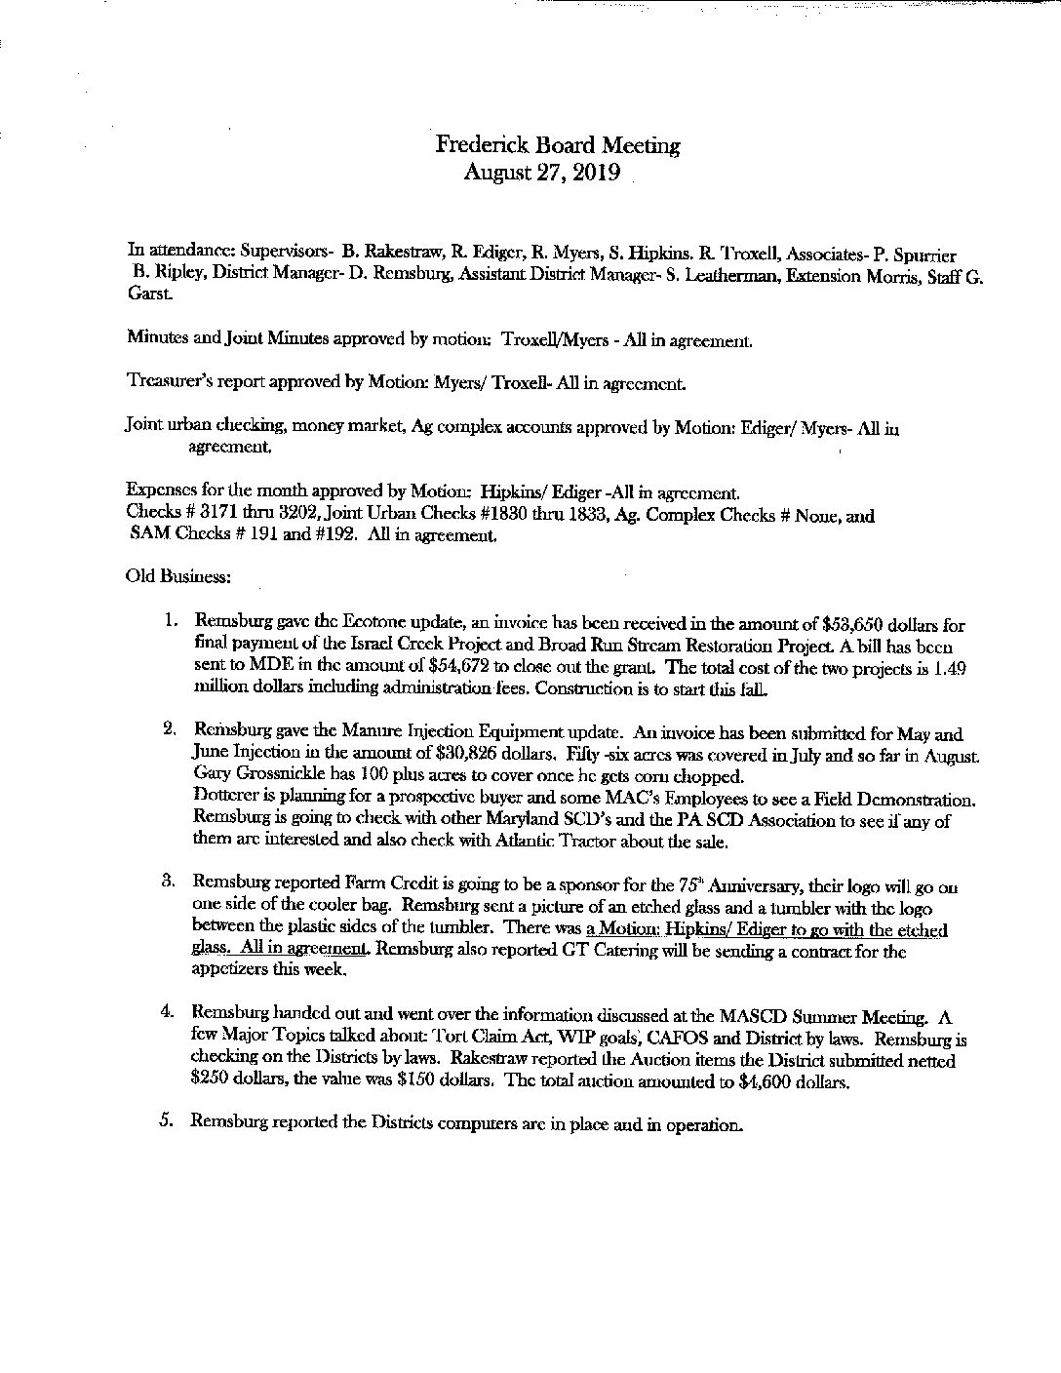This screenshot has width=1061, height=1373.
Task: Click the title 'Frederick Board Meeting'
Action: coord(557,146)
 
